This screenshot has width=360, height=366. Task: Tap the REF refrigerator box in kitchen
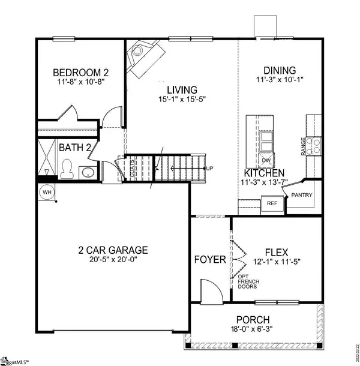(x=271, y=203)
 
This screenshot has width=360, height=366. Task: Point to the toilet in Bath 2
(x=66, y=169)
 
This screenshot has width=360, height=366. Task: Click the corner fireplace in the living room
(x=143, y=55)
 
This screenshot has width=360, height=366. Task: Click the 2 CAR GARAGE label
(x=113, y=250)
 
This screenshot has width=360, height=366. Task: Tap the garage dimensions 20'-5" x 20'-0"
(x=113, y=261)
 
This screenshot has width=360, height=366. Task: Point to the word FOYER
(x=210, y=260)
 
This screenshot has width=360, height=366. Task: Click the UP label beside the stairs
(x=209, y=168)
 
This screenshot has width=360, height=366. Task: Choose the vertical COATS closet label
(x=132, y=166)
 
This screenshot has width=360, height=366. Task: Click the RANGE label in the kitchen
(x=304, y=146)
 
